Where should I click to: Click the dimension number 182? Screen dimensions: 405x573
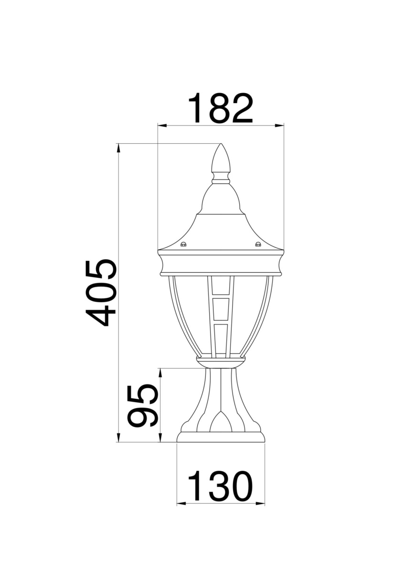click(221, 108)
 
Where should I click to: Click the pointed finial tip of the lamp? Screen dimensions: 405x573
click(221, 144)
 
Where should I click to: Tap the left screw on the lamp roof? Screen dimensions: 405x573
click(183, 244)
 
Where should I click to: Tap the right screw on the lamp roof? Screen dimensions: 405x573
click(258, 244)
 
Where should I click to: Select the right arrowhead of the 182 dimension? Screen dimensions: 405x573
click(279, 126)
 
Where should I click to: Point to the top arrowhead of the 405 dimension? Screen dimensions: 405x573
click(118, 148)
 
